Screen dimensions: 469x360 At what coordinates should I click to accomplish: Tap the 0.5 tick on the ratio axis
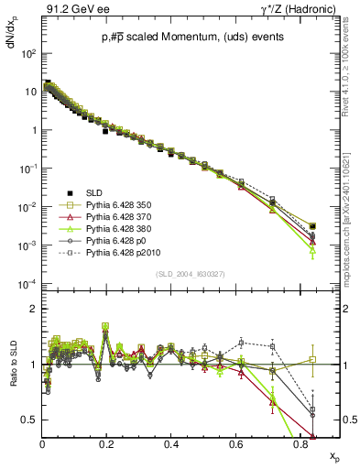click(x=30, y=420)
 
